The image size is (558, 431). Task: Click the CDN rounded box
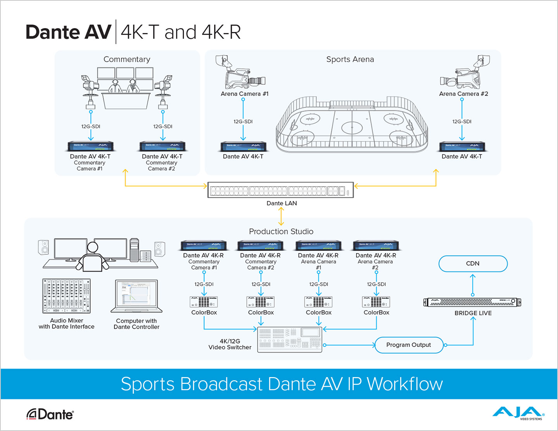coord(473,264)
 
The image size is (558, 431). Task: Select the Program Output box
coord(408,345)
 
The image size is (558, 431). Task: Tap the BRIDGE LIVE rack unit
coord(472,302)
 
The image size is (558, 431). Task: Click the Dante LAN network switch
coord(281,190)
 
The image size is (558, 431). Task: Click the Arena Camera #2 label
coord(463,94)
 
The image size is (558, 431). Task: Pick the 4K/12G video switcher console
coord(290,339)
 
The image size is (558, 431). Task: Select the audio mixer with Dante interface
coord(66,296)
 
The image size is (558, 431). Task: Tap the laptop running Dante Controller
coord(136,296)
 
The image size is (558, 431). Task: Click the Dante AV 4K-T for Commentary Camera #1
coord(90,146)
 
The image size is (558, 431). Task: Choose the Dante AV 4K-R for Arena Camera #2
coord(375,246)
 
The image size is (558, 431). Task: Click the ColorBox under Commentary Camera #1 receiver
coord(204,302)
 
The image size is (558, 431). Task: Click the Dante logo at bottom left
coord(50,414)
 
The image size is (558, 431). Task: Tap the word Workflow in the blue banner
coord(405,384)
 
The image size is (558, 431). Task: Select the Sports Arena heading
coord(350,59)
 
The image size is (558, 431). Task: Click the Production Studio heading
coord(281,232)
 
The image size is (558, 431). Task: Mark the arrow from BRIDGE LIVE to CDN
coord(472,285)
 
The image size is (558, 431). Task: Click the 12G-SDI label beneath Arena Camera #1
coord(243,122)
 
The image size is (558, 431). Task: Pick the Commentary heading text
coord(127,59)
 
